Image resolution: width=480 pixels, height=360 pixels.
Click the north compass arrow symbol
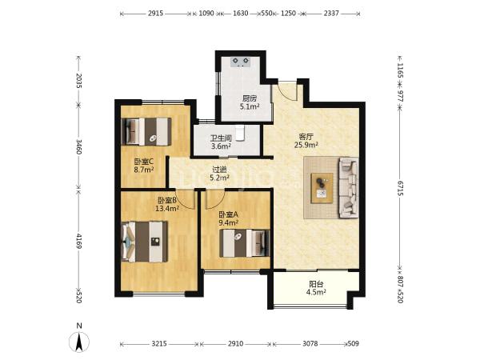pos(79,342)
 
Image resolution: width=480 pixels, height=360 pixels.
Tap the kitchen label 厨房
pos(250,99)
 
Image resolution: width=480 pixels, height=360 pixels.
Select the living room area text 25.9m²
pos(306,145)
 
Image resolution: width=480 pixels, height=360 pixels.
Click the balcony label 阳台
pos(316,284)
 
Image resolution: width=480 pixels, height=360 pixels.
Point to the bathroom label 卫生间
pos(221,138)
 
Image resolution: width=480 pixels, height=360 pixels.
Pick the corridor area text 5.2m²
pos(219,178)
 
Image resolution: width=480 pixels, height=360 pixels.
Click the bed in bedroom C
pos(146,131)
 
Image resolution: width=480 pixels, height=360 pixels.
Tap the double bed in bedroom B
pos(145,242)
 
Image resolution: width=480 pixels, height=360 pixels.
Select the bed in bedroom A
pos(245,243)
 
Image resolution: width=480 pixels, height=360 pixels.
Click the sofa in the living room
pos(348,187)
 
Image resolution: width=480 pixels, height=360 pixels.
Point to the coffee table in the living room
pos(322,188)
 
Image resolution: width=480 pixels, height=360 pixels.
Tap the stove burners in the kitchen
pos(241,62)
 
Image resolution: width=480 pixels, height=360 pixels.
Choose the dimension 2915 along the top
pos(155,14)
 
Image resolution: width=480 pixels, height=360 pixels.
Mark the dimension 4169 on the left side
pos(78,242)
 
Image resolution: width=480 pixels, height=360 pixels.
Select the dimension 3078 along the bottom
pos(310,344)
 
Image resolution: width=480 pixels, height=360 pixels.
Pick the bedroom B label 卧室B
pos(167,201)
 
